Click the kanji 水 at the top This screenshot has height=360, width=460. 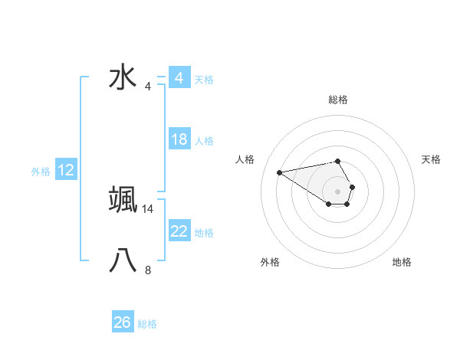pyautogui.click(x=123, y=77)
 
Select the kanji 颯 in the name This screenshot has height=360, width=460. pyautogui.click(x=123, y=199)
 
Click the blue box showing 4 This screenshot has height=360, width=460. pyautogui.click(x=179, y=78)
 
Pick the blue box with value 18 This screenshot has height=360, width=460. pyautogui.click(x=179, y=139)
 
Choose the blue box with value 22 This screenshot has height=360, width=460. pyautogui.click(x=179, y=231)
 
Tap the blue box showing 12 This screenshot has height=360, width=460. pyautogui.click(x=66, y=170)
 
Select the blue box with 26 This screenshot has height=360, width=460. pyautogui.click(x=123, y=322)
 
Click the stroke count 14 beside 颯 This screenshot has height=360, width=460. pyautogui.click(x=148, y=208)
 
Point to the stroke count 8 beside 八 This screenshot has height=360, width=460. pyautogui.click(x=148, y=270)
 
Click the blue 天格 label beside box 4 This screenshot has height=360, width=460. pyautogui.click(x=204, y=79)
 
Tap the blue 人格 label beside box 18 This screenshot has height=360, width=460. pyautogui.click(x=204, y=141)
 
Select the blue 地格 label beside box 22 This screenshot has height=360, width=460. pyautogui.click(x=204, y=233)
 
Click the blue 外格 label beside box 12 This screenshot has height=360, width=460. pyautogui.click(x=41, y=172)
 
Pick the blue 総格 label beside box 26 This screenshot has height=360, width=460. pyautogui.click(x=147, y=324)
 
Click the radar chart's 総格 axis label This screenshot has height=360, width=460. pyautogui.click(x=337, y=100)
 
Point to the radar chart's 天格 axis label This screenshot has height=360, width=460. pyautogui.click(x=431, y=159)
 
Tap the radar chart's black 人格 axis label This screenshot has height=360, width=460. pyautogui.click(x=245, y=159)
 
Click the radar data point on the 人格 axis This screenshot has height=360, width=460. pyautogui.click(x=280, y=172)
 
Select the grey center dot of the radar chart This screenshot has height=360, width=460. pyautogui.click(x=337, y=191)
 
